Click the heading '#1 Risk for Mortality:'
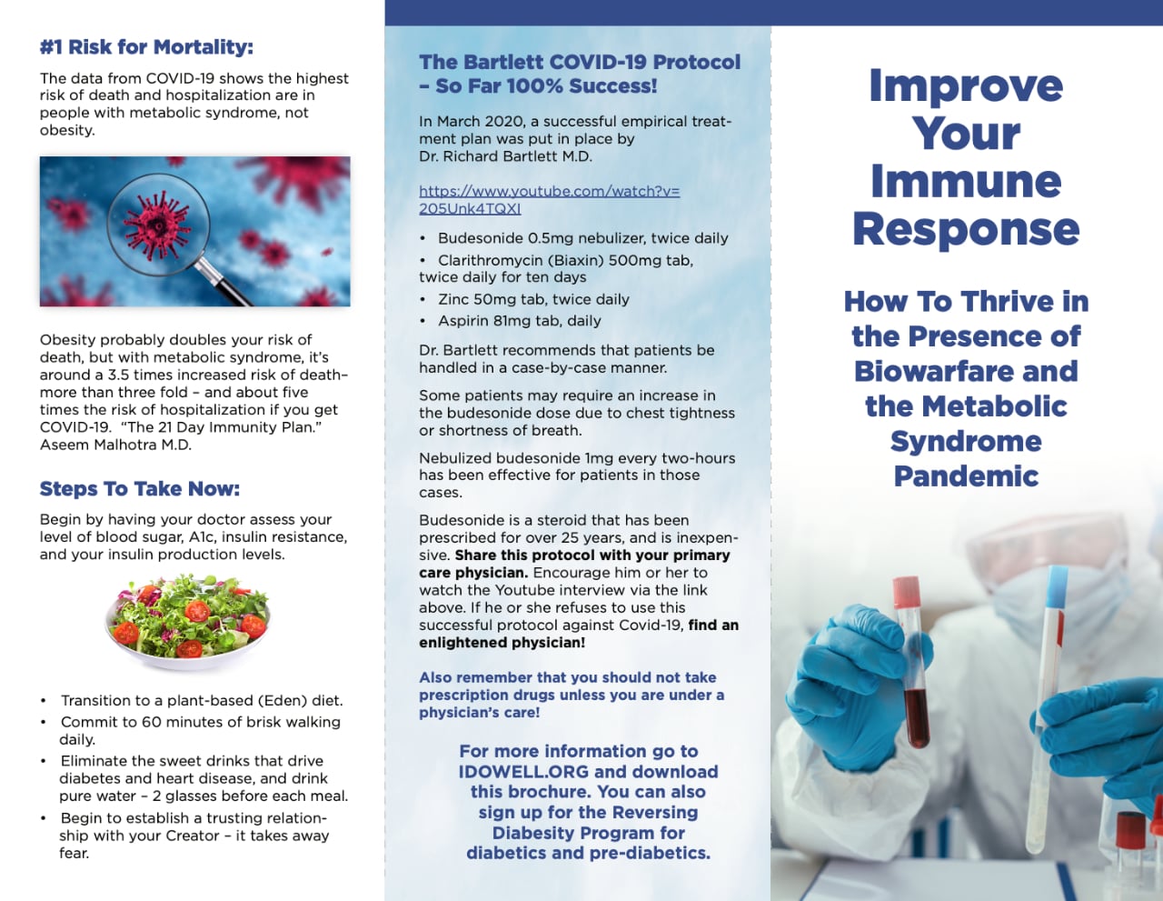146,47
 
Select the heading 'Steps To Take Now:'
140,489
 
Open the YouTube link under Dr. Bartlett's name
549,199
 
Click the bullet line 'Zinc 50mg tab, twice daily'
533,299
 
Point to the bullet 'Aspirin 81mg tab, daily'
519,321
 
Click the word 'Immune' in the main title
966,181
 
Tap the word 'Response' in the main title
966,229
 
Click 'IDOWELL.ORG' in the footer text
523,772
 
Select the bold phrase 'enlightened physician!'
502,643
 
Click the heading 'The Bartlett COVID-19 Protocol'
580,63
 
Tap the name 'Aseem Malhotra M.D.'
115,445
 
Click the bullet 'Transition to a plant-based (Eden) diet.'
202,701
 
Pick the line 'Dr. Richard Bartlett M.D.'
505,156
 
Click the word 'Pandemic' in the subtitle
966,476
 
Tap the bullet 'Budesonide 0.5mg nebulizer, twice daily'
582,238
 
